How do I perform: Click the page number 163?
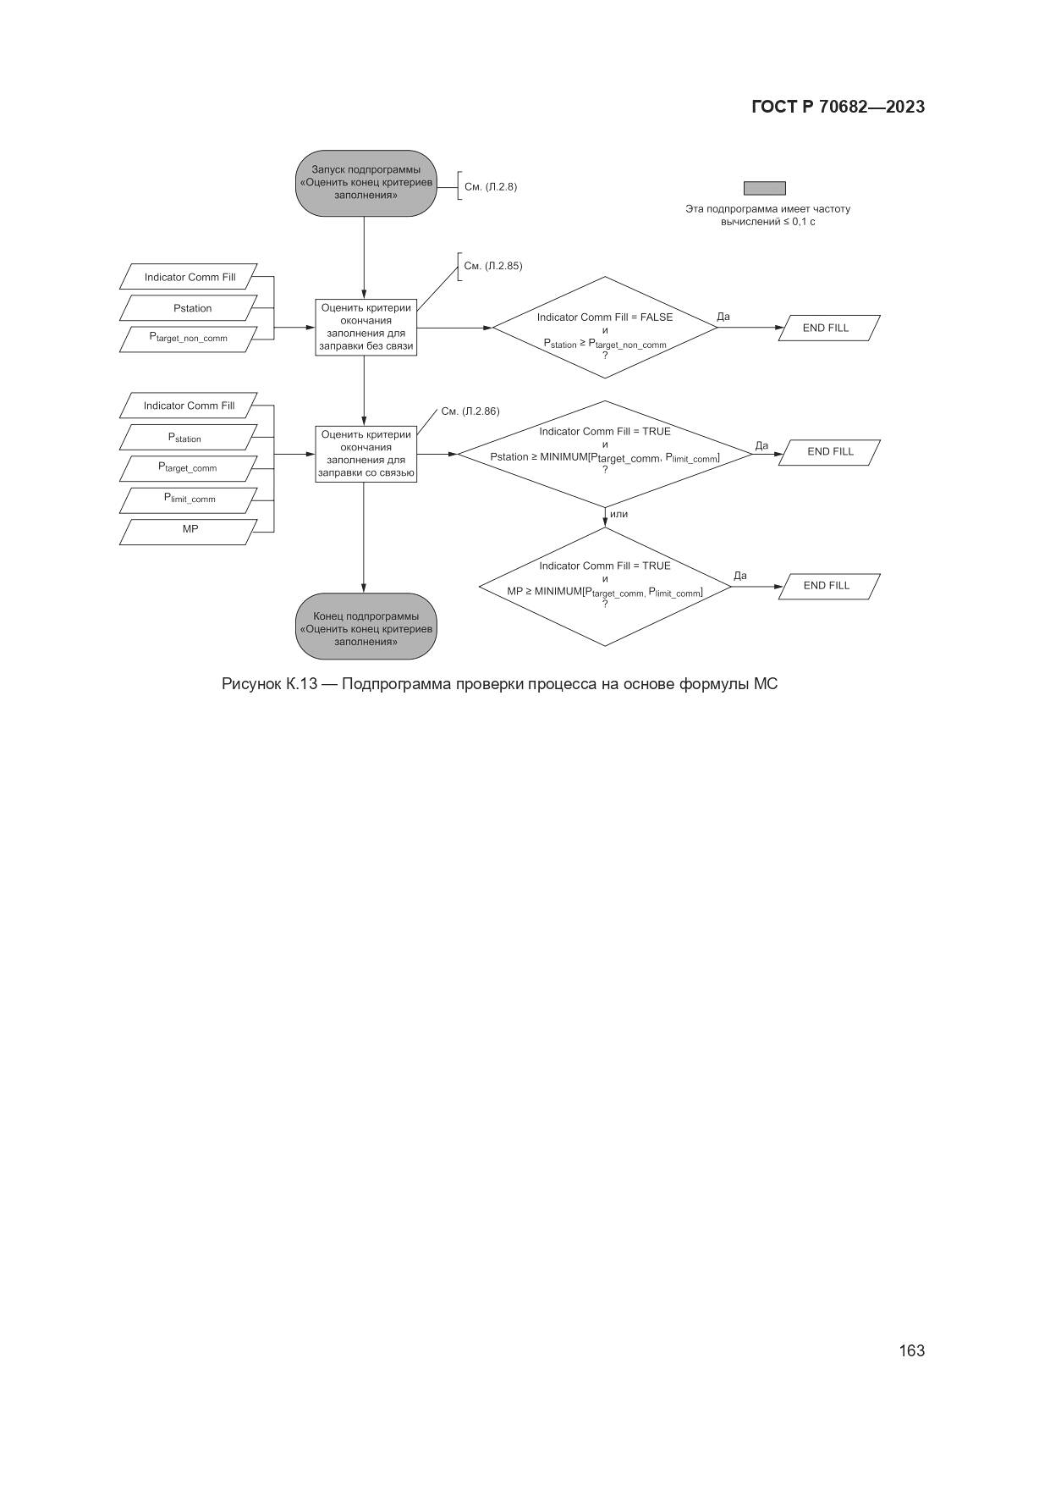tap(911, 1350)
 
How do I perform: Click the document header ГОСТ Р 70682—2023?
tap(838, 107)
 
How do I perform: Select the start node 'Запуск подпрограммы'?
tap(366, 182)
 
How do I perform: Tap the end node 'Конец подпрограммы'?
tap(366, 628)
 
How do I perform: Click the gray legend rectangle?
tap(764, 188)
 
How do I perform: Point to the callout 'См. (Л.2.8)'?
tap(490, 186)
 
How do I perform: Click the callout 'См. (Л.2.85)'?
tap(492, 266)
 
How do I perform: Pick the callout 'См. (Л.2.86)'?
tap(470, 411)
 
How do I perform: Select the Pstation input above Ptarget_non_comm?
tap(189, 308)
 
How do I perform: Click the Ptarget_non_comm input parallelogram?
tap(189, 339)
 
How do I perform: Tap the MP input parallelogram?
tap(189, 530)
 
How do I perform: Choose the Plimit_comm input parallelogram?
tap(189, 500)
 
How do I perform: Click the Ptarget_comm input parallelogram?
tap(189, 468)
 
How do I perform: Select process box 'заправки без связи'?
tap(366, 328)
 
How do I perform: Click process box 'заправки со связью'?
tap(366, 455)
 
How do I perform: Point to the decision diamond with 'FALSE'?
tap(605, 328)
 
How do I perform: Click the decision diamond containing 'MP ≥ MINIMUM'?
tap(605, 586)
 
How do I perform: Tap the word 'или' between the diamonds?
tap(618, 514)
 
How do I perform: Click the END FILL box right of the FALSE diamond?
tap(828, 328)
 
